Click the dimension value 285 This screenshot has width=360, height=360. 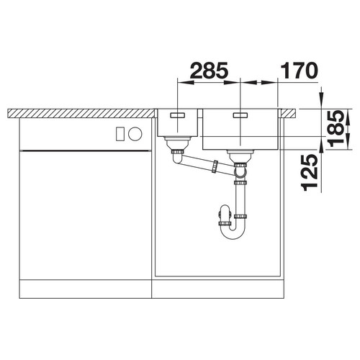click(209, 71)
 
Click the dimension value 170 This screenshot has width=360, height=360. click(299, 71)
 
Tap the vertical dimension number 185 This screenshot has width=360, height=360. click(336, 128)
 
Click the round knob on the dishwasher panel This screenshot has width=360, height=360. click(135, 133)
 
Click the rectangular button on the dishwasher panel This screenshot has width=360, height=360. click(120, 134)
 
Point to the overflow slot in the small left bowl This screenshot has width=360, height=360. click(177, 115)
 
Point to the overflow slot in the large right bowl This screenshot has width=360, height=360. click(240, 115)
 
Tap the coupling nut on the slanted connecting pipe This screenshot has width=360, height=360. click(215, 166)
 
